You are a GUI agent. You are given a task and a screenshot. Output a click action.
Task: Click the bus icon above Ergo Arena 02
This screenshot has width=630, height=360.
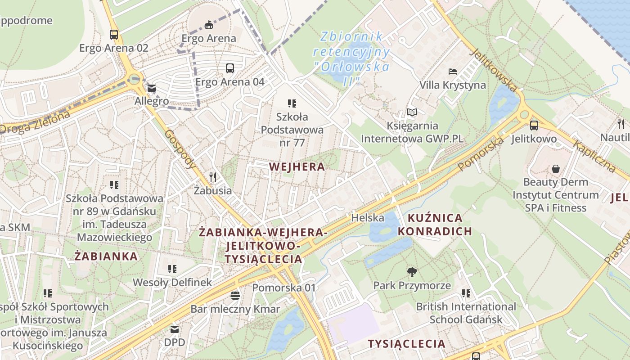[x=114, y=34]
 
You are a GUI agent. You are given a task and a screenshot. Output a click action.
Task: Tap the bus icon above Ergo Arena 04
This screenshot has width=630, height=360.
[x=230, y=68]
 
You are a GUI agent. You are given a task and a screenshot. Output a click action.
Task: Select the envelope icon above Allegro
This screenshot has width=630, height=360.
[x=151, y=88]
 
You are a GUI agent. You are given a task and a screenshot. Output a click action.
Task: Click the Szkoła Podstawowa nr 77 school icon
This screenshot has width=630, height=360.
[x=292, y=103]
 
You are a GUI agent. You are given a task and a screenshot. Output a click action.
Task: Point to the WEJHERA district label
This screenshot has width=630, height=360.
[x=297, y=167]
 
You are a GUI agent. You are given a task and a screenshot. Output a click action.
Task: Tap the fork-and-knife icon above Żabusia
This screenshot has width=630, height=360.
[x=213, y=177]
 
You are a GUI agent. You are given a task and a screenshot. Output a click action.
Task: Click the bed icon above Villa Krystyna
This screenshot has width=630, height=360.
[x=453, y=72]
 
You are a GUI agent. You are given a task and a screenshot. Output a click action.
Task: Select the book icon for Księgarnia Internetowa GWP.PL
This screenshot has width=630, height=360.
[x=412, y=112]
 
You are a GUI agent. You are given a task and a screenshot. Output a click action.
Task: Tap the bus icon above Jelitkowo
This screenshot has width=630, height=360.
[x=534, y=126]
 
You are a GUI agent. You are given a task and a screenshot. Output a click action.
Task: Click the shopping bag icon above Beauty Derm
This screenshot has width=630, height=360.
[x=556, y=169]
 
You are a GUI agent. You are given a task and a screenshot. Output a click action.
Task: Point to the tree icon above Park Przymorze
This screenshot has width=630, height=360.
[x=412, y=272]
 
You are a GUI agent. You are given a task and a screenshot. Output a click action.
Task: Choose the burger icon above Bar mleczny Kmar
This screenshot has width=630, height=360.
[x=235, y=296]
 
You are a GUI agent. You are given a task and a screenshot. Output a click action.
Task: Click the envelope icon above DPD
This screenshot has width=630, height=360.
[x=174, y=329]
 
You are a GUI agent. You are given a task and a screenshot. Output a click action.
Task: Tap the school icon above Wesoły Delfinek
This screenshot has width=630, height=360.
[x=172, y=269]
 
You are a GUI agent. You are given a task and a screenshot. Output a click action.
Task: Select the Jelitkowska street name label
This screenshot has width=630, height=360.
[x=493, y=70]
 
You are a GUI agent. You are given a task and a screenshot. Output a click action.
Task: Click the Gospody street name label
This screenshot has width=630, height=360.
[x=180, y=149]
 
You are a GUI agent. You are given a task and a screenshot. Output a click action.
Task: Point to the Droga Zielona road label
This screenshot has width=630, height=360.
[x=35, y=122]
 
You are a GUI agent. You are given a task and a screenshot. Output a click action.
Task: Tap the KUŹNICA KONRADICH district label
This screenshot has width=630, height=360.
[x=435, y=225]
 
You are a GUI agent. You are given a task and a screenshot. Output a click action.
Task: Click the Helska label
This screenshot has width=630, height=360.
[x=368, y=218]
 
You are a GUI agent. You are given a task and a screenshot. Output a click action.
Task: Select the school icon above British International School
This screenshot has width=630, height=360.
[x=466, y=293]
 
